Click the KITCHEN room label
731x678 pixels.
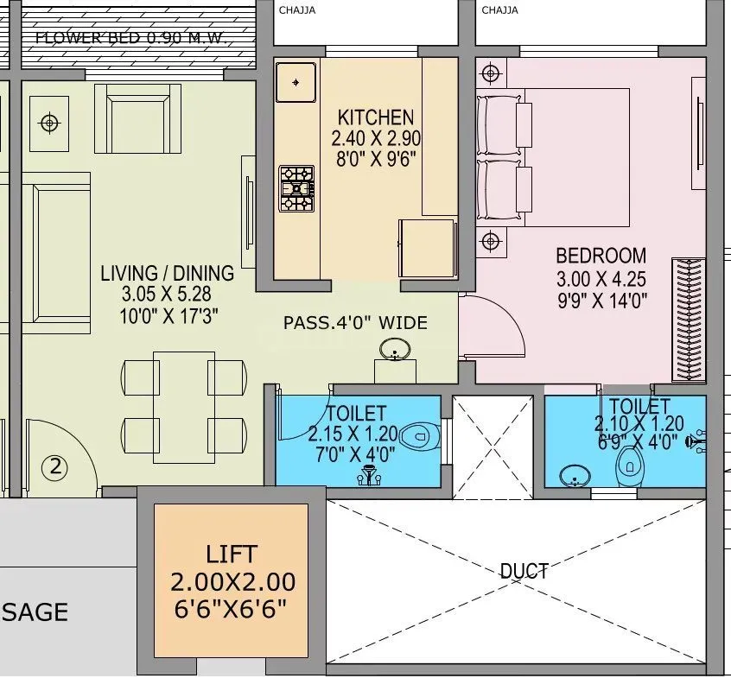pos(375,117)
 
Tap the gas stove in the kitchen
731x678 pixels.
pos(296,188)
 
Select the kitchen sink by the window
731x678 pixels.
pos(296,83)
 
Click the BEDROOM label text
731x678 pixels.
pos(601,256)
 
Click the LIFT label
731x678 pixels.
pos(232,554)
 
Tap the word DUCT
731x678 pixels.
pos(524,571)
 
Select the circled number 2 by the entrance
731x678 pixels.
pos(55,468)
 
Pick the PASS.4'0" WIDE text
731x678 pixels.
pos(355,323)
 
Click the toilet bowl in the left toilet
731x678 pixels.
pos(422,434)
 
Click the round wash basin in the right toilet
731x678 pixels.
pos(573,476)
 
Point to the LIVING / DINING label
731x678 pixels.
pos(167,274)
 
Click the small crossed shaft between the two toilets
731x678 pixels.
pos(493,447)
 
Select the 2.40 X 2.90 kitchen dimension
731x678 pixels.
pos(375,138)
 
